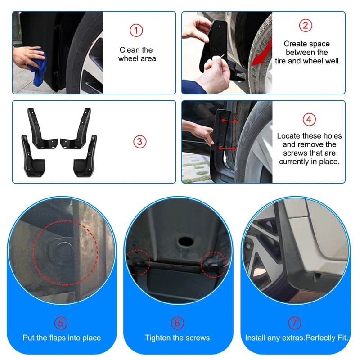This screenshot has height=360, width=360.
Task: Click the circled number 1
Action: pyautogui.click(x=136, y=30)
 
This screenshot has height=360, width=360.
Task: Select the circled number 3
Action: pyautogui.click(x=139, y=141)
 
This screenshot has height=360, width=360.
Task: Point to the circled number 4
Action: pyautogui.click(x=309, y=120)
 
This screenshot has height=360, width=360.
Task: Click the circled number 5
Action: pyautogui.click(x=62, y=323)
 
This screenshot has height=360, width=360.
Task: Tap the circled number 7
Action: pyautogui.click(x=295, y=323)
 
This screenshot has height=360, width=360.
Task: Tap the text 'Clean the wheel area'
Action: pyautogui.click(x=136, y=54)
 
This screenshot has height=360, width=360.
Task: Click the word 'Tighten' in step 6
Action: pyautogui.click(x=157, y=337)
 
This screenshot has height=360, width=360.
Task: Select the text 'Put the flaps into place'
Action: pyautogui.click(x=62, y=337)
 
